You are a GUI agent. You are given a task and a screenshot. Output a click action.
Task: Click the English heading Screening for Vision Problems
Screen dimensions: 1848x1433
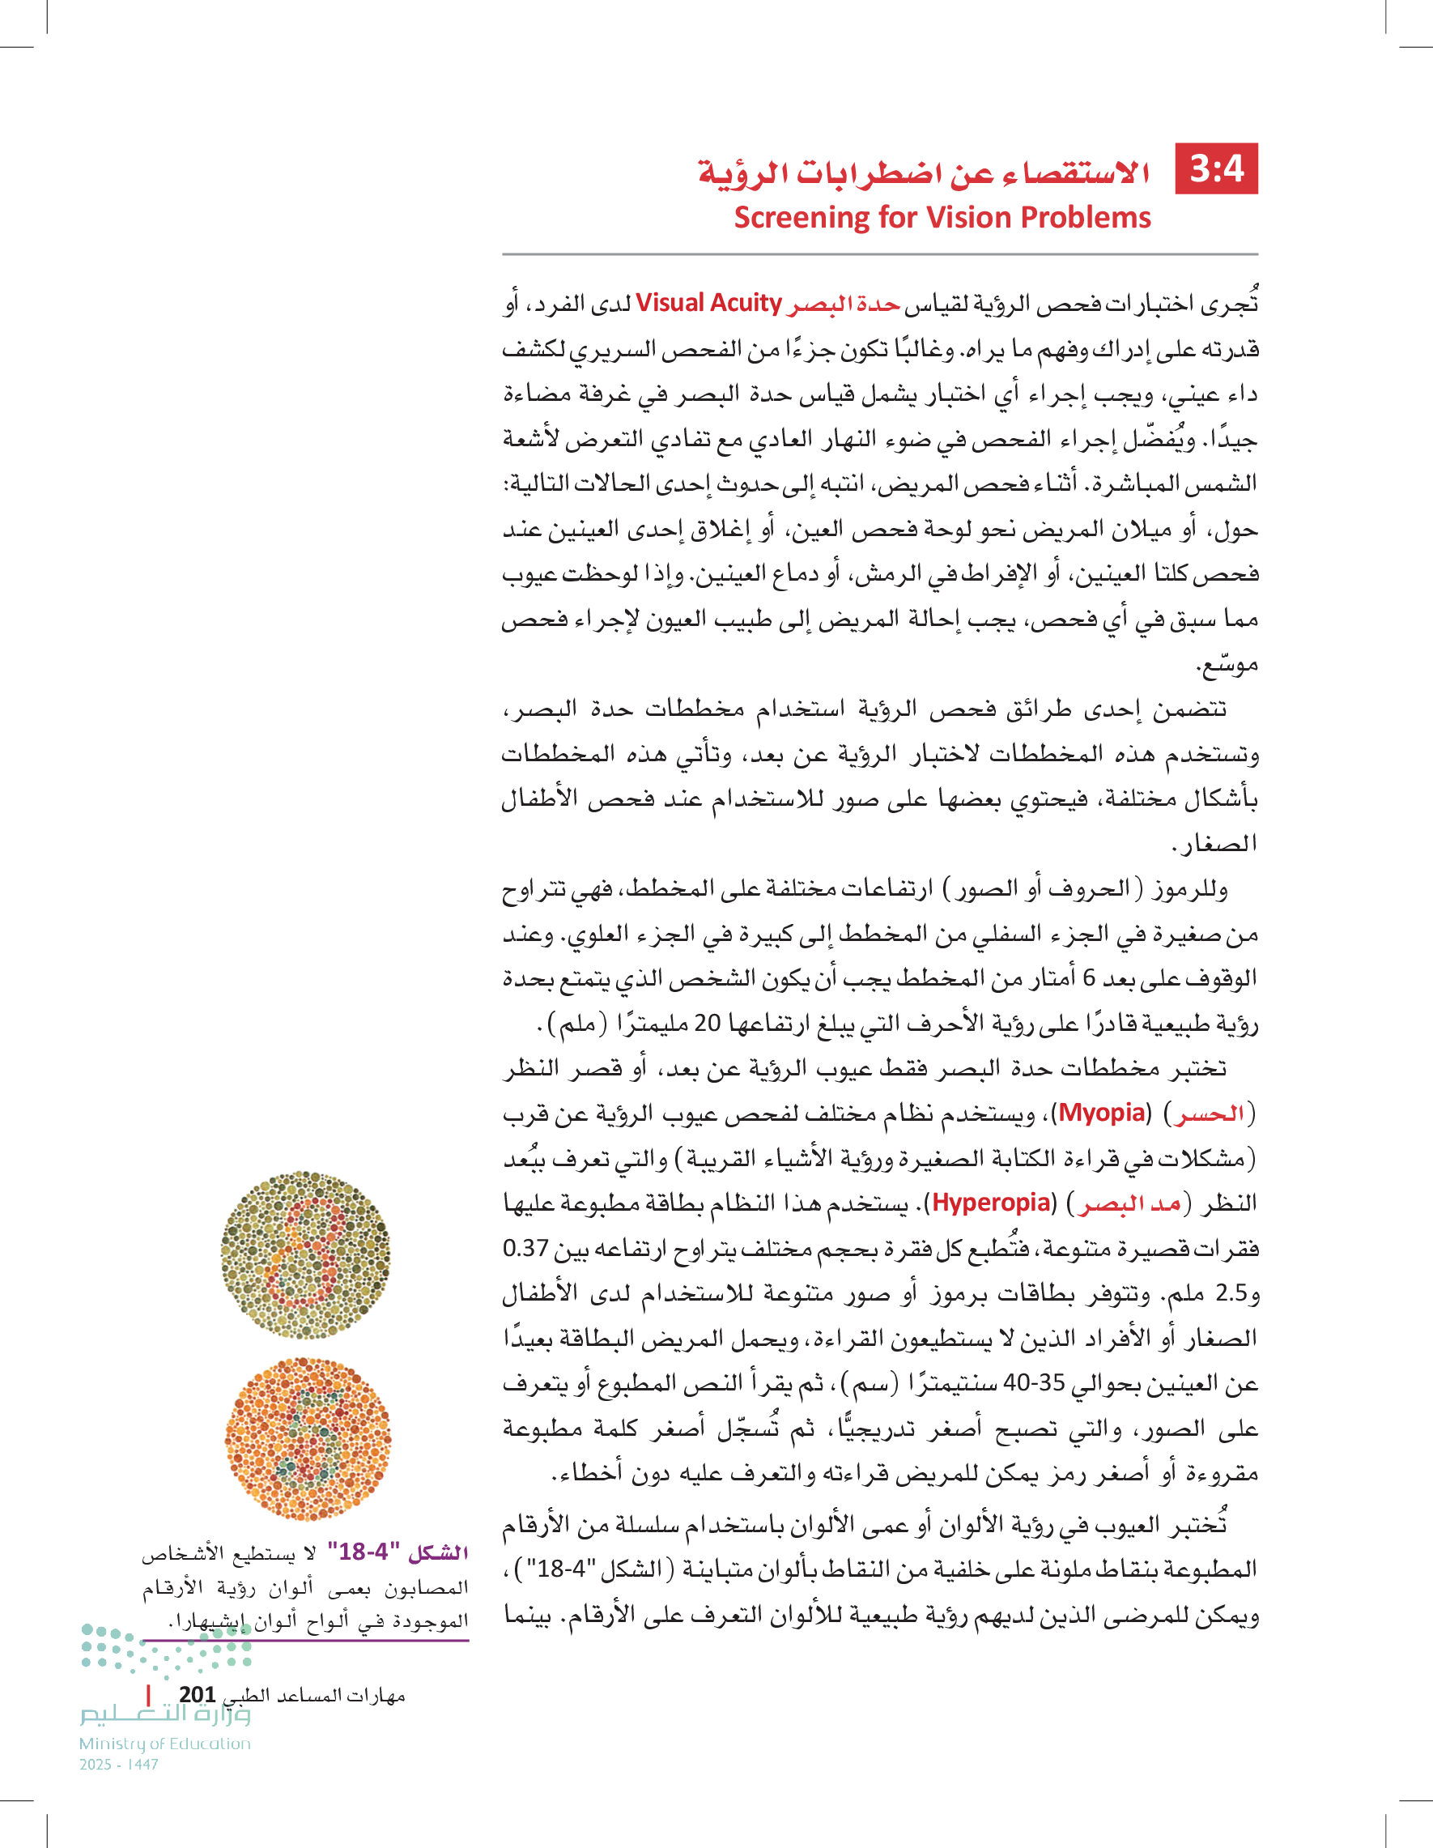942,218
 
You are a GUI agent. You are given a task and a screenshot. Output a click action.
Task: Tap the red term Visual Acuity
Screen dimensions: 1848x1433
708,303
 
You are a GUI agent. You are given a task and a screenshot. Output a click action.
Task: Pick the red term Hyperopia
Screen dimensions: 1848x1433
992,1203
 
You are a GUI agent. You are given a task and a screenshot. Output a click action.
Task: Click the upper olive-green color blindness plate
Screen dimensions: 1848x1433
305,1254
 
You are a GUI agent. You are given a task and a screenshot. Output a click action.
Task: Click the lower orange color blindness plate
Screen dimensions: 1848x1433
308,1437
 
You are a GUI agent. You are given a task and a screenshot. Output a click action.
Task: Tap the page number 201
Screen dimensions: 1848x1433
197,1694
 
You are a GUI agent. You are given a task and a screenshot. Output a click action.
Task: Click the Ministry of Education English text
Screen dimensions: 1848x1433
165,1743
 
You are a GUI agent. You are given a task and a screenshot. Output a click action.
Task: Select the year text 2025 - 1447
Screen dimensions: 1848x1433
118,1765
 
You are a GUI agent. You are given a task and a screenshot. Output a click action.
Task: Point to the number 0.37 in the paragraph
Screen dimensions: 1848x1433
525,1248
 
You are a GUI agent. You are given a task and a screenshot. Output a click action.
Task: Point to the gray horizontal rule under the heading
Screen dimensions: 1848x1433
880,253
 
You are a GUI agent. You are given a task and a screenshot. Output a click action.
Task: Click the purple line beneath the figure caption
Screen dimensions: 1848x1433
304,1641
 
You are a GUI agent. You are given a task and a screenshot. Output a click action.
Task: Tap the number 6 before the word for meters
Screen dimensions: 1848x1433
1090,978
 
